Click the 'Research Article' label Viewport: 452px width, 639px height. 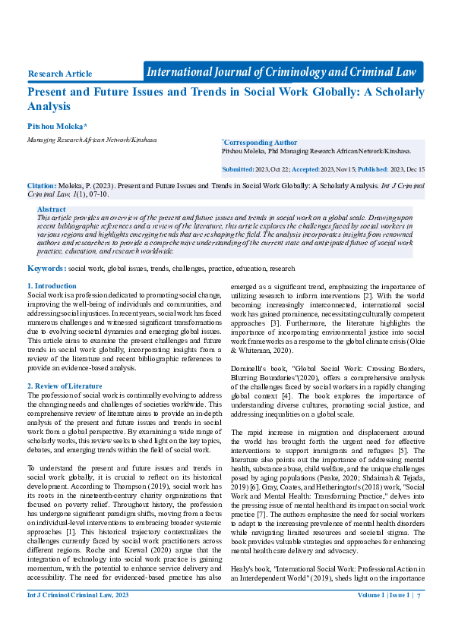click(60, 74)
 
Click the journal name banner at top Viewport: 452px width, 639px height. click(282, 72)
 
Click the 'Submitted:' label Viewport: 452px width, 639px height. click(239, 169)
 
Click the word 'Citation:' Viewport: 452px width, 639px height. click(42, 184)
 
